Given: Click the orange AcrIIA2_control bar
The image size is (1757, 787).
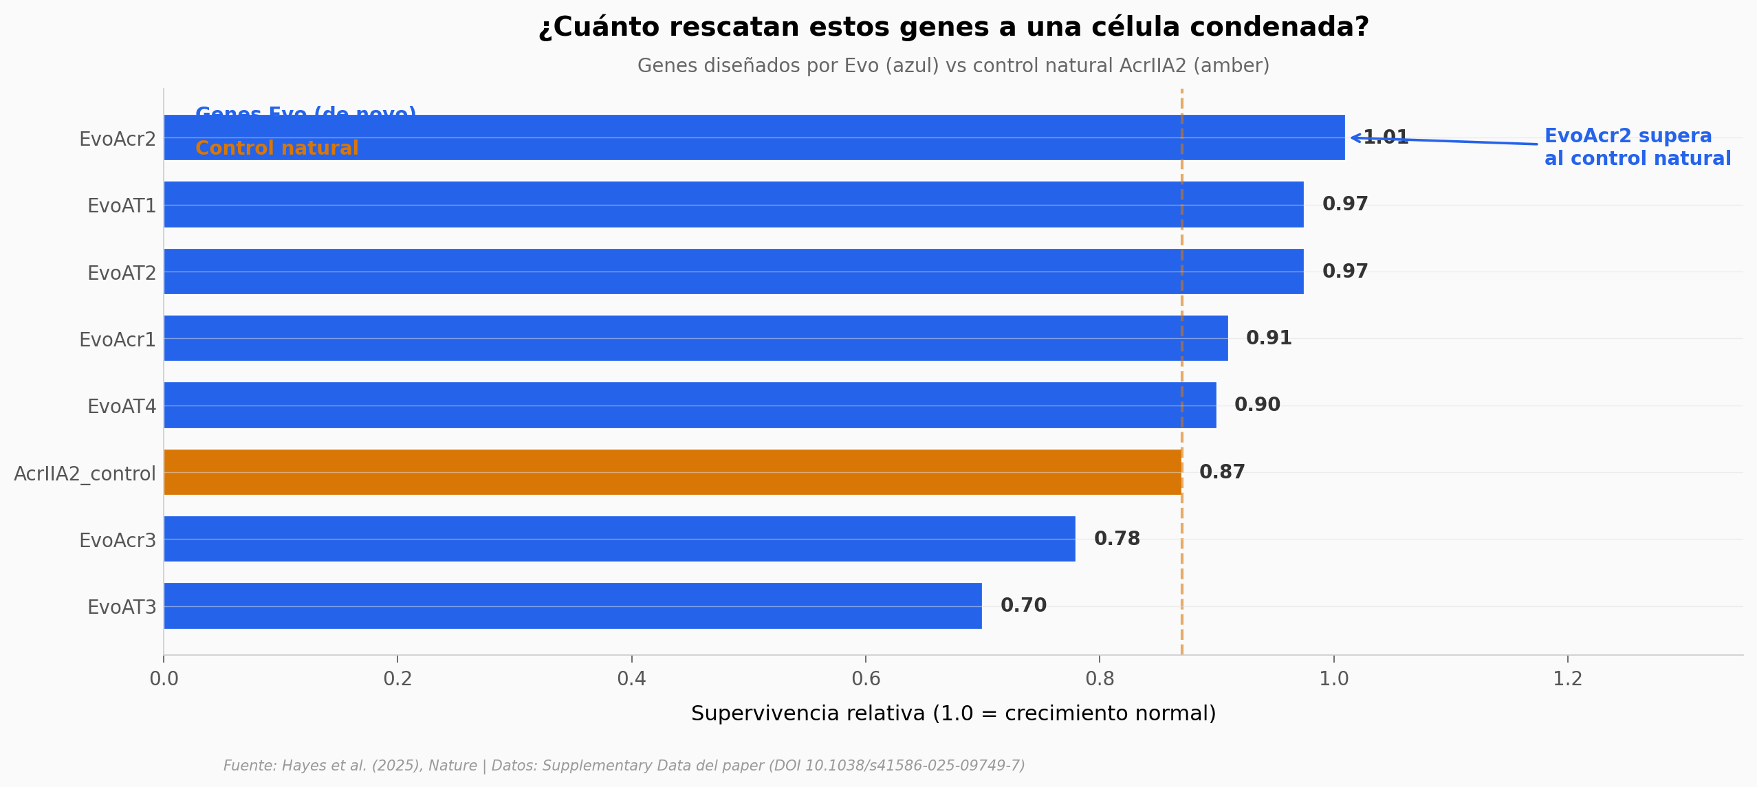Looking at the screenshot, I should tap(673, 472).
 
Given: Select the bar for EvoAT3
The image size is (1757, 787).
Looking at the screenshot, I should tap(572, 606).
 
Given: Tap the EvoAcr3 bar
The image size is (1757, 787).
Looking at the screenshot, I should tap(619, 539).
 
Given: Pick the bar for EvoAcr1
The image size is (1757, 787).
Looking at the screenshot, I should tap(695, 338).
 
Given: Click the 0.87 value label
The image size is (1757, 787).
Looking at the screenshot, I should tap(1222, 472).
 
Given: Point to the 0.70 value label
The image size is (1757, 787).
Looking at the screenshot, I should tap(1023, 606).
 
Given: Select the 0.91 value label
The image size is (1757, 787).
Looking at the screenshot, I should tap(1269, 338).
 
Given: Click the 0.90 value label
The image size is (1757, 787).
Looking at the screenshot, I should tap(1257, 405).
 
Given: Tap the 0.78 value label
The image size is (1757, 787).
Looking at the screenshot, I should tap(1117, 539).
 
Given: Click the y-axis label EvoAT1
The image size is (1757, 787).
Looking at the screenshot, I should tap(122, 206).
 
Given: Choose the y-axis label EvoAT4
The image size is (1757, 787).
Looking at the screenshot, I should tap(122, 406).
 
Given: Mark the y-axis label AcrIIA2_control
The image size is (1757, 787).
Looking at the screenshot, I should tap(85, 474).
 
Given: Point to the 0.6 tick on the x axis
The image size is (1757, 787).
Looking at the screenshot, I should tap(866, 679).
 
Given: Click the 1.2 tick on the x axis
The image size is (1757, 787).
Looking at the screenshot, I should tap(1567, 679).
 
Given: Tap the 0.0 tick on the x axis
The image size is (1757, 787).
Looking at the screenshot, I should tap(164, 679).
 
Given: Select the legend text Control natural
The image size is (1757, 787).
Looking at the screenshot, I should tap(276, 148).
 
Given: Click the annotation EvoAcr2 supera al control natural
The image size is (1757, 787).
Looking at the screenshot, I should tap(1637, 147).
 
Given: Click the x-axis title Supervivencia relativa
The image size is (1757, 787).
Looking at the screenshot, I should tap(953, 713).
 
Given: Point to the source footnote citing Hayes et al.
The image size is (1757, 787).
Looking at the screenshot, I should tap(624, 766).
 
